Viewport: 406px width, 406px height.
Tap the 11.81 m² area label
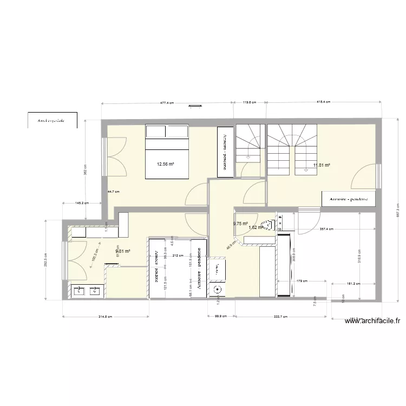[x=322, y=166]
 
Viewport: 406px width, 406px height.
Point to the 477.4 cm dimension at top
[x=167, y=102]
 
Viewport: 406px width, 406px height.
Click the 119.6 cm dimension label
[x=249, y=102]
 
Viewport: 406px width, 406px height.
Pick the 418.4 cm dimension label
[x=323, y=102]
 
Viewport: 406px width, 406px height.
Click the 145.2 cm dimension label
[x=82, y=203]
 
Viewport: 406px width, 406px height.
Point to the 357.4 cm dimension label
[x=326, y=228]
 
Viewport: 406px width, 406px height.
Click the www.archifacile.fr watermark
[x=372, y=321]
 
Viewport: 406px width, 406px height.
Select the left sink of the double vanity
[x=79, y=291]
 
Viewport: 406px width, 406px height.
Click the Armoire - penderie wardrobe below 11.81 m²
[x=345, y=199]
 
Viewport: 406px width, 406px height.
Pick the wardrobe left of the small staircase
[x=224, y=152]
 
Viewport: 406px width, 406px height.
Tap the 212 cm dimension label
[x=175, y=256]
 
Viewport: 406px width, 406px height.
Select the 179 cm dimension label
[x=302, y=280]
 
